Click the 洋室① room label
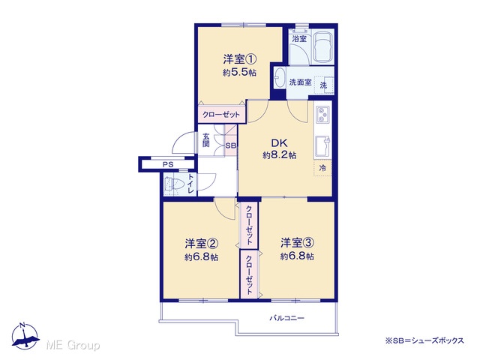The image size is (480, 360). [240, 58]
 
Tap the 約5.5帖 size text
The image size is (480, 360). [240, 73]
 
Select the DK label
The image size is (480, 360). [279, 143]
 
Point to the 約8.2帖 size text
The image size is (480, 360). [279, 155]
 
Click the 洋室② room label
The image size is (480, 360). [201, 244]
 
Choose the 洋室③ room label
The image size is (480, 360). [298, 243]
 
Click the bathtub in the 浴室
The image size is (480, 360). [323, 46]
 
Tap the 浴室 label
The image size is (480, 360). [299, 39]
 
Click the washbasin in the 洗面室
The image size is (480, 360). [280, 77]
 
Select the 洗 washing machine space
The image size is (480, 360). [324, 85]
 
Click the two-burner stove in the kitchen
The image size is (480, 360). [322, 114]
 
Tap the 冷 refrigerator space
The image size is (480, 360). [322, 168]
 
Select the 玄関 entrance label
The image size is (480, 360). [205, 139]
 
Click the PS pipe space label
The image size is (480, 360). [168, 164]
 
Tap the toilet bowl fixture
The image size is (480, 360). [173, 184]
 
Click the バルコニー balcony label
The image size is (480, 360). [286, 318]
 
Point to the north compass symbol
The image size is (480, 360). [25, 337]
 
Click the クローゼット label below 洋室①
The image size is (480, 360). [221, 115]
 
